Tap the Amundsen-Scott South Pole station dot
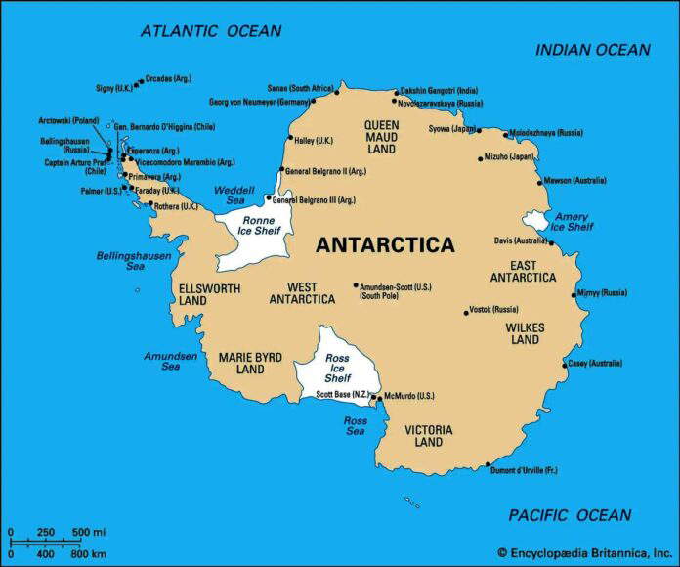tap(356, 286)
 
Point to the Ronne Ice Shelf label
tap(252, 227)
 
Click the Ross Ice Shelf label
tap(337, 369)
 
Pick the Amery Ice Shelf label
tap(572, 221)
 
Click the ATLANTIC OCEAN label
tap(211, 31)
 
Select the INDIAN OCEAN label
tap(592, 50)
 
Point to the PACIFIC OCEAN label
tap(570, 515)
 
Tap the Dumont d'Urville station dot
tap(488, 465)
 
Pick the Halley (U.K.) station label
tap(314, 140)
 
